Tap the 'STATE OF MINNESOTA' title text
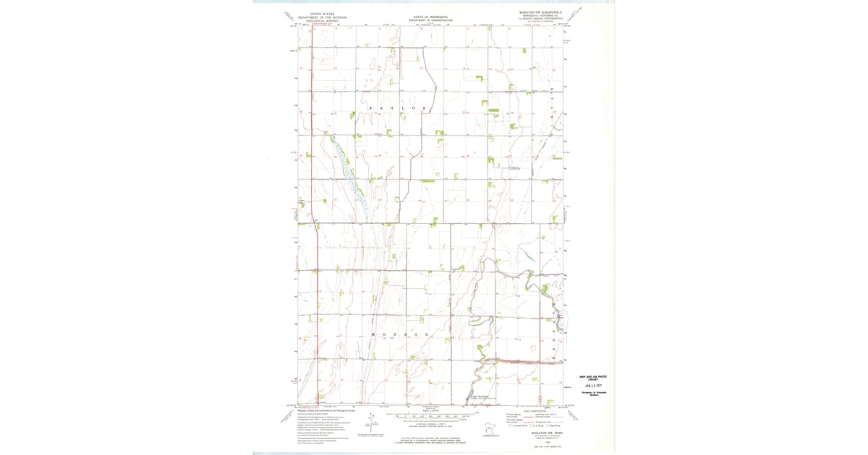click(430, 16)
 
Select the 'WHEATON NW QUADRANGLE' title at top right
click(541, 12)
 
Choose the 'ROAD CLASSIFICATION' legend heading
click(535, 410)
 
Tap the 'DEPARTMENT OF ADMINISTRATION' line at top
click(430, 20)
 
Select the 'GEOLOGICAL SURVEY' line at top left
click(319, 22)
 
